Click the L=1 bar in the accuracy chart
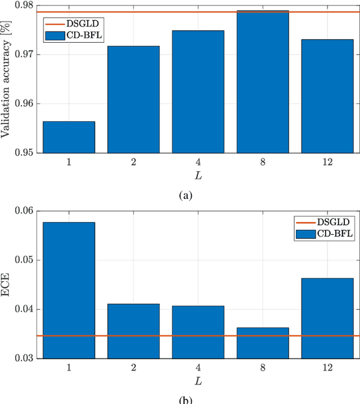click(69, 137)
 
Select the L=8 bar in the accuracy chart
click(263, 81)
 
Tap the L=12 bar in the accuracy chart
click(327, 96)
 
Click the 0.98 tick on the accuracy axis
click(26, 6)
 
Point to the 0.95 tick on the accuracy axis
click(26, 152)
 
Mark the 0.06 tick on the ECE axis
click(26, 211)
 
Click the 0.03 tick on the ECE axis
click(26, 358)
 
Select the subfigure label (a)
click(186, 195)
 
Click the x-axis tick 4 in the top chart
click(198, 162)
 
